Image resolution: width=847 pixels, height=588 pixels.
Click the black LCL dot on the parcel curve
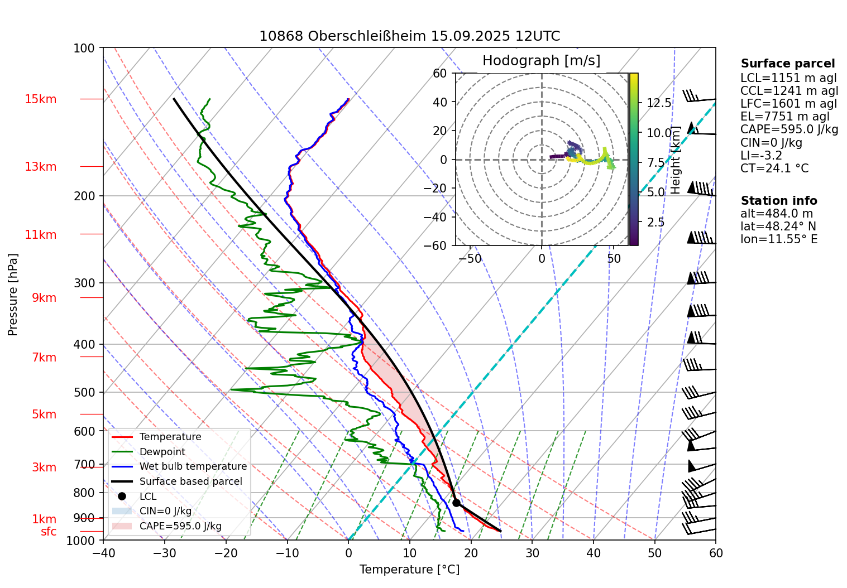pos(456,503)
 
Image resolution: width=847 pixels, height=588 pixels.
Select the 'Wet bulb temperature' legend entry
pos(193,466)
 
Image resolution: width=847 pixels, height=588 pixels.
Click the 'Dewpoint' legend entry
pos(162,452)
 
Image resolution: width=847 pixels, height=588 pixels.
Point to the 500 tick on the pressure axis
pos(84,392)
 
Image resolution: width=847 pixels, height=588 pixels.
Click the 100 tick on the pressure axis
pos(84,49)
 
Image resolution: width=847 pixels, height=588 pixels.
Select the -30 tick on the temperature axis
pos(164,553)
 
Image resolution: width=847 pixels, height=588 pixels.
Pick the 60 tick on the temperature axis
pos(715,553)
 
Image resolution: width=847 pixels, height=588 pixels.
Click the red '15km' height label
pos(40,99)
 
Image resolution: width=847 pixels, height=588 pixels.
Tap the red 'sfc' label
pos(49,532)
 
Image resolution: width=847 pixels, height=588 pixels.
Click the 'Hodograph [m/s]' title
pos(541,61)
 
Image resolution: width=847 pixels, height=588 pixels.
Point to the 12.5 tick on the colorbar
pos(659,103)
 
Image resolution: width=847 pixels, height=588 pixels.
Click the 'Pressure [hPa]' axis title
pos(13,295)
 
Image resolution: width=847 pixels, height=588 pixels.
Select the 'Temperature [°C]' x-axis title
pos(409,570)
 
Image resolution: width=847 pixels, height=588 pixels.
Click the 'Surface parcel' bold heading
pos(787,64)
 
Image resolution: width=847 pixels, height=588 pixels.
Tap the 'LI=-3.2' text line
pos(761,156)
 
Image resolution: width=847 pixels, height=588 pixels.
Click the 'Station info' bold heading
pos(778,201)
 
